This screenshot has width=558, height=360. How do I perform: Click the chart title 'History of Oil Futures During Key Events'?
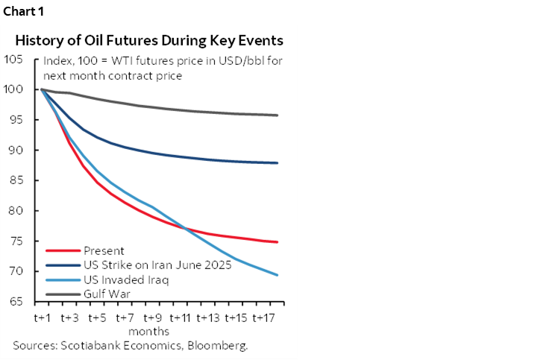(149, 40)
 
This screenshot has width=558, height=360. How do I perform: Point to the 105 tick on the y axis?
(14, 59)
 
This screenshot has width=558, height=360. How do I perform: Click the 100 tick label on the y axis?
(14, 89)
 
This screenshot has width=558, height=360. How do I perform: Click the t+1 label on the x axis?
(42, 318)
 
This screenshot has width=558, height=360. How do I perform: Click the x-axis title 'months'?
(149, 331)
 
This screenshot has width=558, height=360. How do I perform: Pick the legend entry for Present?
(104, 251)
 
